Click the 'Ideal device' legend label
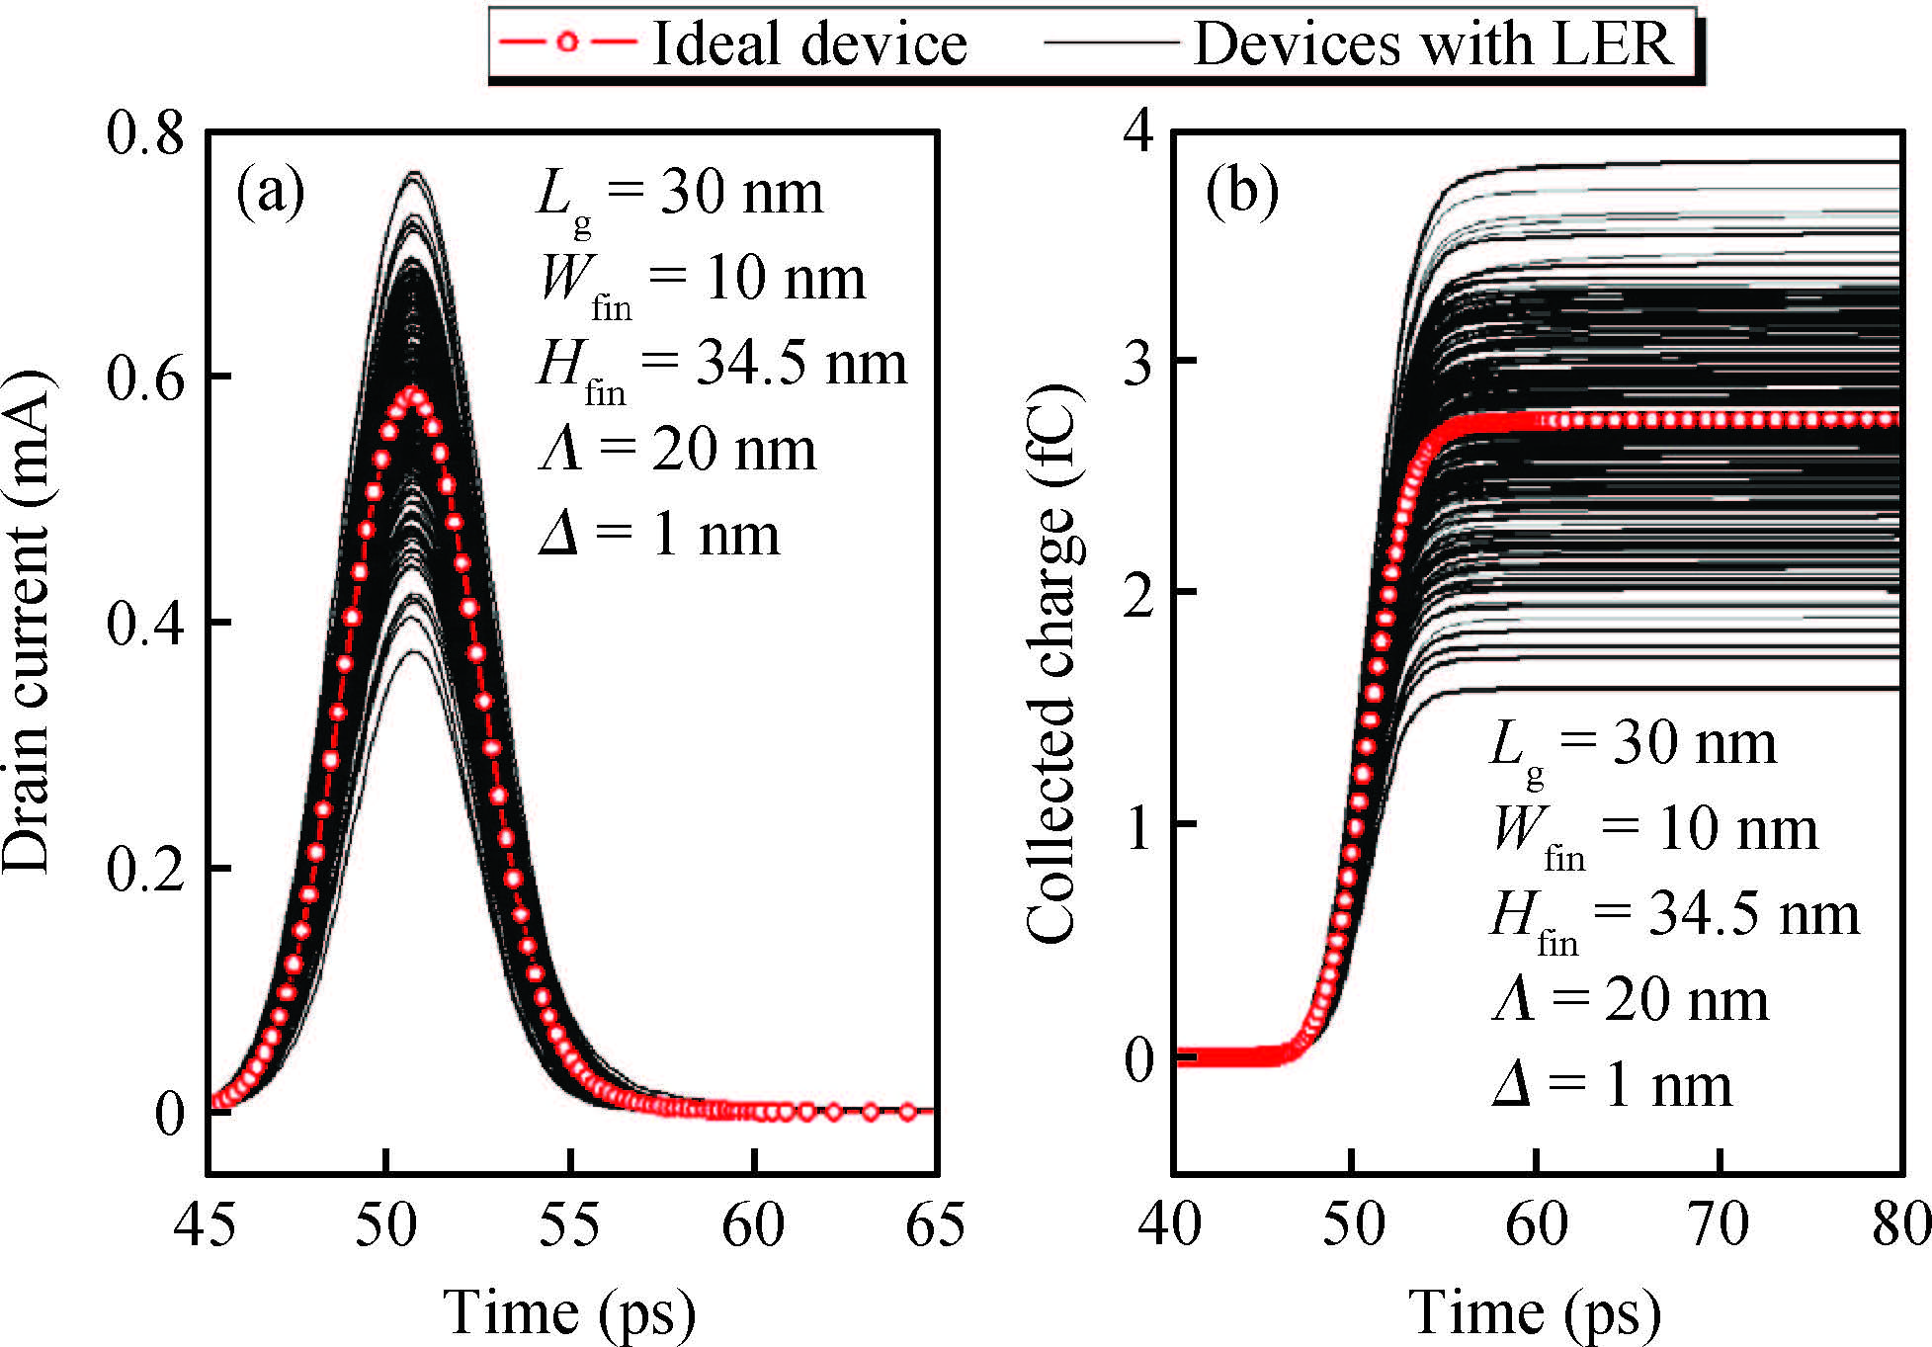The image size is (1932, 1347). pos(808,44)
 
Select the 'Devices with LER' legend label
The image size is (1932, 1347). pos(1433,44)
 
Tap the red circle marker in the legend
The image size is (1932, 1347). pos(566,42)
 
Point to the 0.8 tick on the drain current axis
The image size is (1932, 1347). pos(145,131)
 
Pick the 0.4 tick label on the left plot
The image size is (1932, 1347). pos(145,623)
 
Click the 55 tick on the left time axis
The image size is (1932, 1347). pos(570,1225)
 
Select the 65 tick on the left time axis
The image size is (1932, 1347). pos(935,1225)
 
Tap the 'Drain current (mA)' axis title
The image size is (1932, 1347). pos(28,623)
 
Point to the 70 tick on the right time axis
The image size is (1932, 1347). pos(1720,1225)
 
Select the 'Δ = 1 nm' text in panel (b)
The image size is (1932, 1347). pos(1611,1087)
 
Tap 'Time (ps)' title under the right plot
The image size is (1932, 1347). pos(1535,1312)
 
